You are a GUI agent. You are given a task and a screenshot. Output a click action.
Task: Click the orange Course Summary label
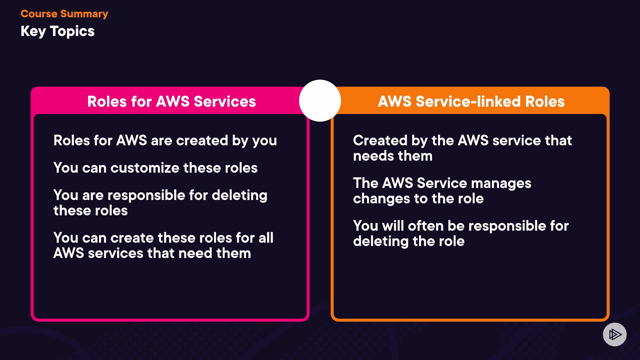(64, 14)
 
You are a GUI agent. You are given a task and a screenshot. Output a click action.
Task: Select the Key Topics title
(57, 31)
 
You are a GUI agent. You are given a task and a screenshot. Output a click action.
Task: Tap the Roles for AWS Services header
(171, 101)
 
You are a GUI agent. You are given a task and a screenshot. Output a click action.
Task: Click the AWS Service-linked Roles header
(471, 101)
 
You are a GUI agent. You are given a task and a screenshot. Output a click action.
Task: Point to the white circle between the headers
(320, 101)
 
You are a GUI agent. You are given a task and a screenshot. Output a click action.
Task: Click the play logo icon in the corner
(615, 334)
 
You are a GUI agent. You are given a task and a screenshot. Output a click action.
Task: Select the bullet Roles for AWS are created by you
(165, 140)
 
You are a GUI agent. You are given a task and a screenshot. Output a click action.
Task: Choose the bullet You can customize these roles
(155, 168)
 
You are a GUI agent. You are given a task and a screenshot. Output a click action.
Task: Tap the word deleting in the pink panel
(239, 195)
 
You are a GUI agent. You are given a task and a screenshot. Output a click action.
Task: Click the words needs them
(393, 156)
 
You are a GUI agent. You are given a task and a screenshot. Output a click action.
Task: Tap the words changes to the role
(418, 199)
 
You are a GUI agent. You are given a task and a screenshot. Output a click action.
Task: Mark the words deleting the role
(409, 241)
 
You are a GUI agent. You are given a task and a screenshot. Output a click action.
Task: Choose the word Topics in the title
(72, 31)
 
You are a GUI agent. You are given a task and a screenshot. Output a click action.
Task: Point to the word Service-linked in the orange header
(468, 101)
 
